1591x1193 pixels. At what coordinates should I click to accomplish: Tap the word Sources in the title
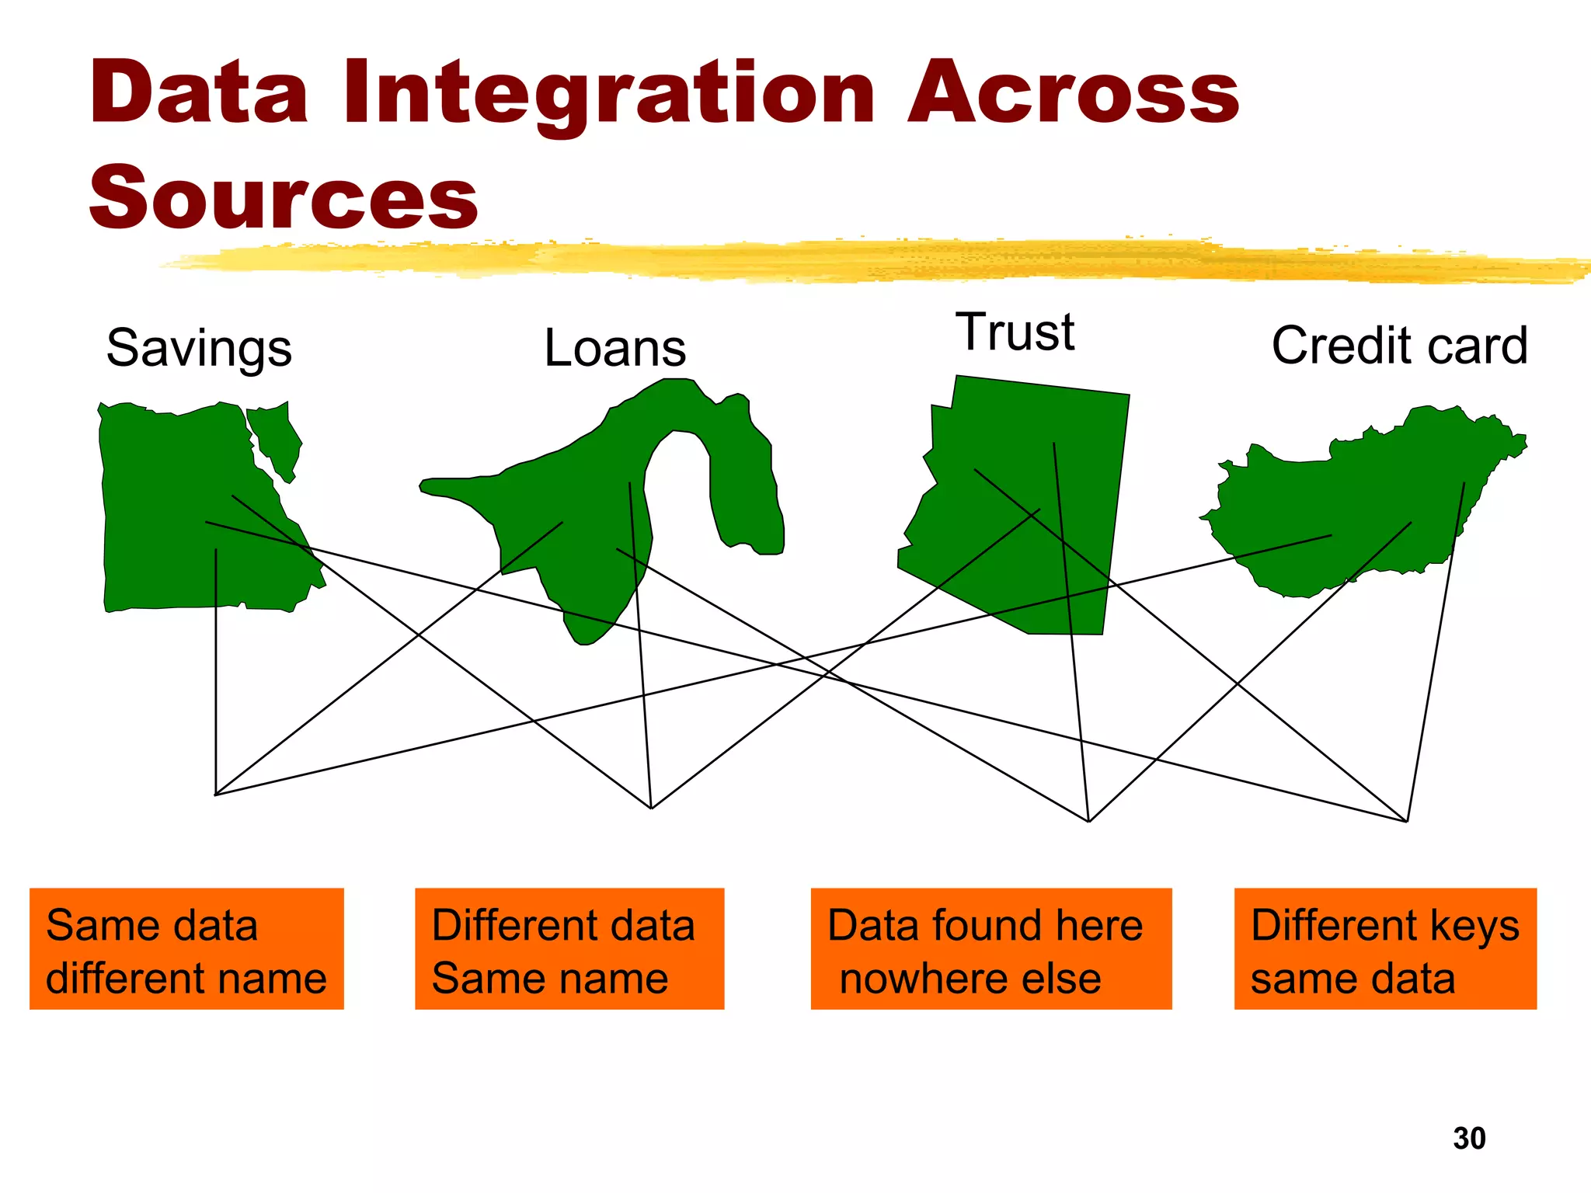tap(284, 197)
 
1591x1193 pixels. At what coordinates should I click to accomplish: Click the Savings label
tap(199, 348)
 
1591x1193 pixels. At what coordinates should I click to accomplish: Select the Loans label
tap(614, 348)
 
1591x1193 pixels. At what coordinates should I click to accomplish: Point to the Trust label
tap(1015, 332)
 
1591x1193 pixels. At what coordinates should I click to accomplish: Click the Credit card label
tap(1399, 346)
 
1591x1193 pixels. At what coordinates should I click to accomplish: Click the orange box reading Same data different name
tap(186, 949)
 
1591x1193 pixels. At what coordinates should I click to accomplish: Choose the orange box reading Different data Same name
tap(569, 949)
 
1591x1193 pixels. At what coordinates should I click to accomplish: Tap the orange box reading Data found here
tap(990, 949)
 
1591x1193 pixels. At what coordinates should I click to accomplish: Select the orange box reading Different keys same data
tap(1385, 949)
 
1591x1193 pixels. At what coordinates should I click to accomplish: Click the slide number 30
tap(1469, 1139)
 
